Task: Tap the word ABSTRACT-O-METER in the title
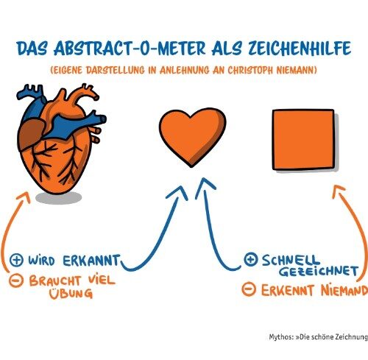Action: click(x=130, y=48)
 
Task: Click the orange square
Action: click(x=304, y=140)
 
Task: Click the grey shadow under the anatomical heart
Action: click(x=58, y=198)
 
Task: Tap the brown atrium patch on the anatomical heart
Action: click(x=31, y=134)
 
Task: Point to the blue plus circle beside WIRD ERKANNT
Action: click(x=16, y=260)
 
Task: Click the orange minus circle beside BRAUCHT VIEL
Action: click(x=16, y=280)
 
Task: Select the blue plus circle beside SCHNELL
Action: click(x=251, y=259)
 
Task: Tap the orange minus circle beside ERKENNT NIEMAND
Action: click(x=249, y=289)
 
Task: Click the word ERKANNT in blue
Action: click(x=92, y=261)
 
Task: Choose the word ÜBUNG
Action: click(x=71, y=292)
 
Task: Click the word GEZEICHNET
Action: click(x=319, y=271)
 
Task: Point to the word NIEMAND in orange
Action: click(x=344, y=291)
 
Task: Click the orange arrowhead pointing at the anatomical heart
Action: click(x=24, y=197)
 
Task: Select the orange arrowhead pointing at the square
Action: click(x=339, y=191)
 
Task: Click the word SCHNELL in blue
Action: click(x=291, y=260)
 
